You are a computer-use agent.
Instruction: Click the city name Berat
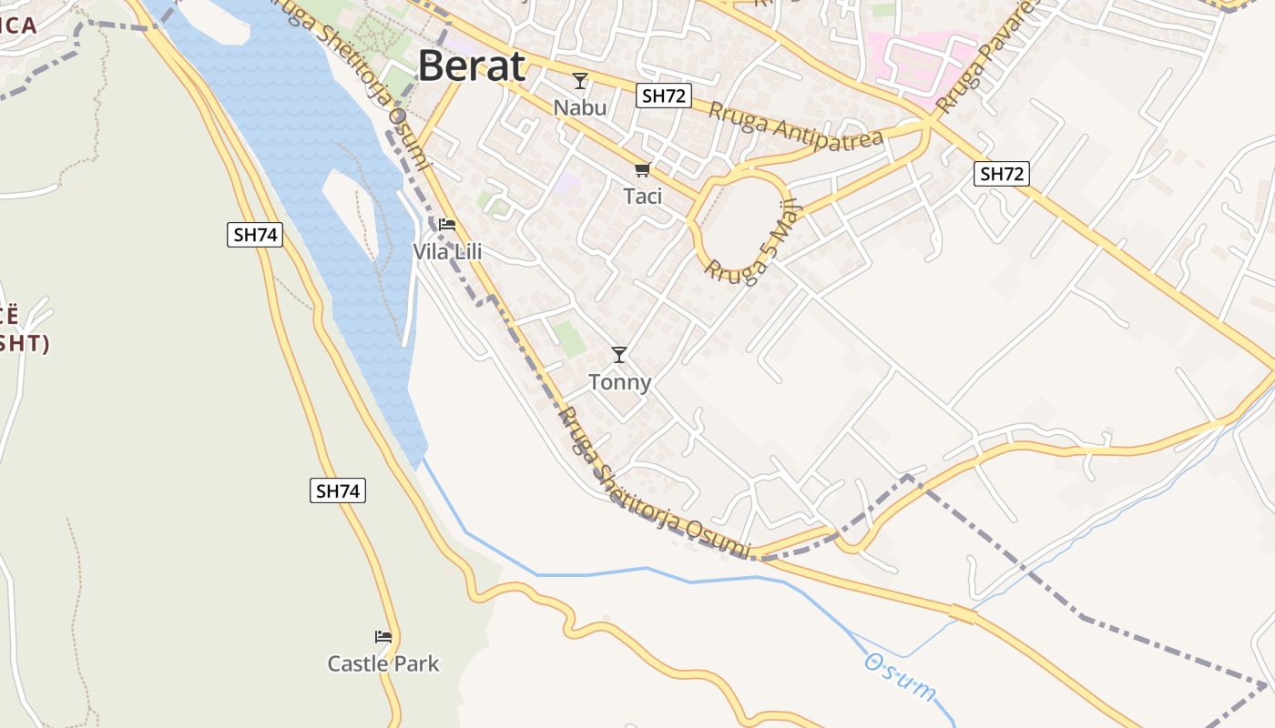[472, 66]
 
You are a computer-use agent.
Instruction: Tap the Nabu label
[579, 107]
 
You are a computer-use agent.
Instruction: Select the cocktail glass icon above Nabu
[579, 81]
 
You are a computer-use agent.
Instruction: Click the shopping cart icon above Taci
[643, 170]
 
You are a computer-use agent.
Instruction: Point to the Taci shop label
[643, 196]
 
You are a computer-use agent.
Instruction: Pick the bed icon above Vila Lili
[447, 225]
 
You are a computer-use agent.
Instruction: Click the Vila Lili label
[447, 251]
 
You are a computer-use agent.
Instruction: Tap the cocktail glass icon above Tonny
[619, 355]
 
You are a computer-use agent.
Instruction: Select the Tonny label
[619, 382]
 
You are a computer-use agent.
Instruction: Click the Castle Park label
[383, 663]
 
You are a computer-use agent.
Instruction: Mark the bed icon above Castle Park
[383, 637]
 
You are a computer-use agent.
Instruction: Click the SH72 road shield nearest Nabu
[665, 96]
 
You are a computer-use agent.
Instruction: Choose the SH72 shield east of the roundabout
[1002, 174]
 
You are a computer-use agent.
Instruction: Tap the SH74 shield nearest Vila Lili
[255, 235]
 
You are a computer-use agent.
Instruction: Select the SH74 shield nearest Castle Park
[338, 491]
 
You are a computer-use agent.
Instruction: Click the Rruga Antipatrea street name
[796, 126]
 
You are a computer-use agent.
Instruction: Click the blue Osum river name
[900, 677]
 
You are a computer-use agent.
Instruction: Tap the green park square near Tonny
[571, 339]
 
